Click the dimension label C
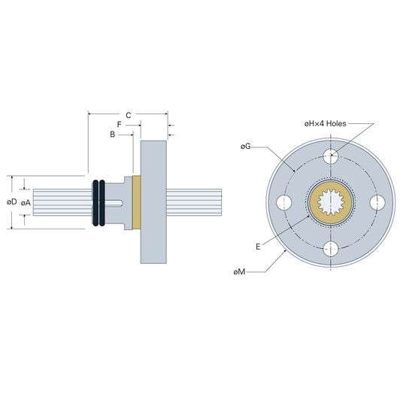coord(129,115)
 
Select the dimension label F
coord(119,125)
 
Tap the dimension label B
coord(112,135)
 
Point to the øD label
coord(12,202)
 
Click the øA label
coord(26,203)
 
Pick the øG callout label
coord(245,147)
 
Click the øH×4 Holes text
coord(326,123)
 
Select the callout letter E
coord(258,247)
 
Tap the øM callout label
coord(239,272)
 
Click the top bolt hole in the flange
coord(331,156)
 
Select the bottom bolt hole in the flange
coord(331,249)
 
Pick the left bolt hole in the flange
coord(284,202)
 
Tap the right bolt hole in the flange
coord(377,202)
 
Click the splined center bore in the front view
coord(331,202)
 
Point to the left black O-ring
coord(95,202)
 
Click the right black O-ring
coord(102,202)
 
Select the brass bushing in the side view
coord(136,202)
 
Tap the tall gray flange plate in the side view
coord(153,202)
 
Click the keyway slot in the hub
coord(114,204)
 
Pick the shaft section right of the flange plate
coord(194,202)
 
